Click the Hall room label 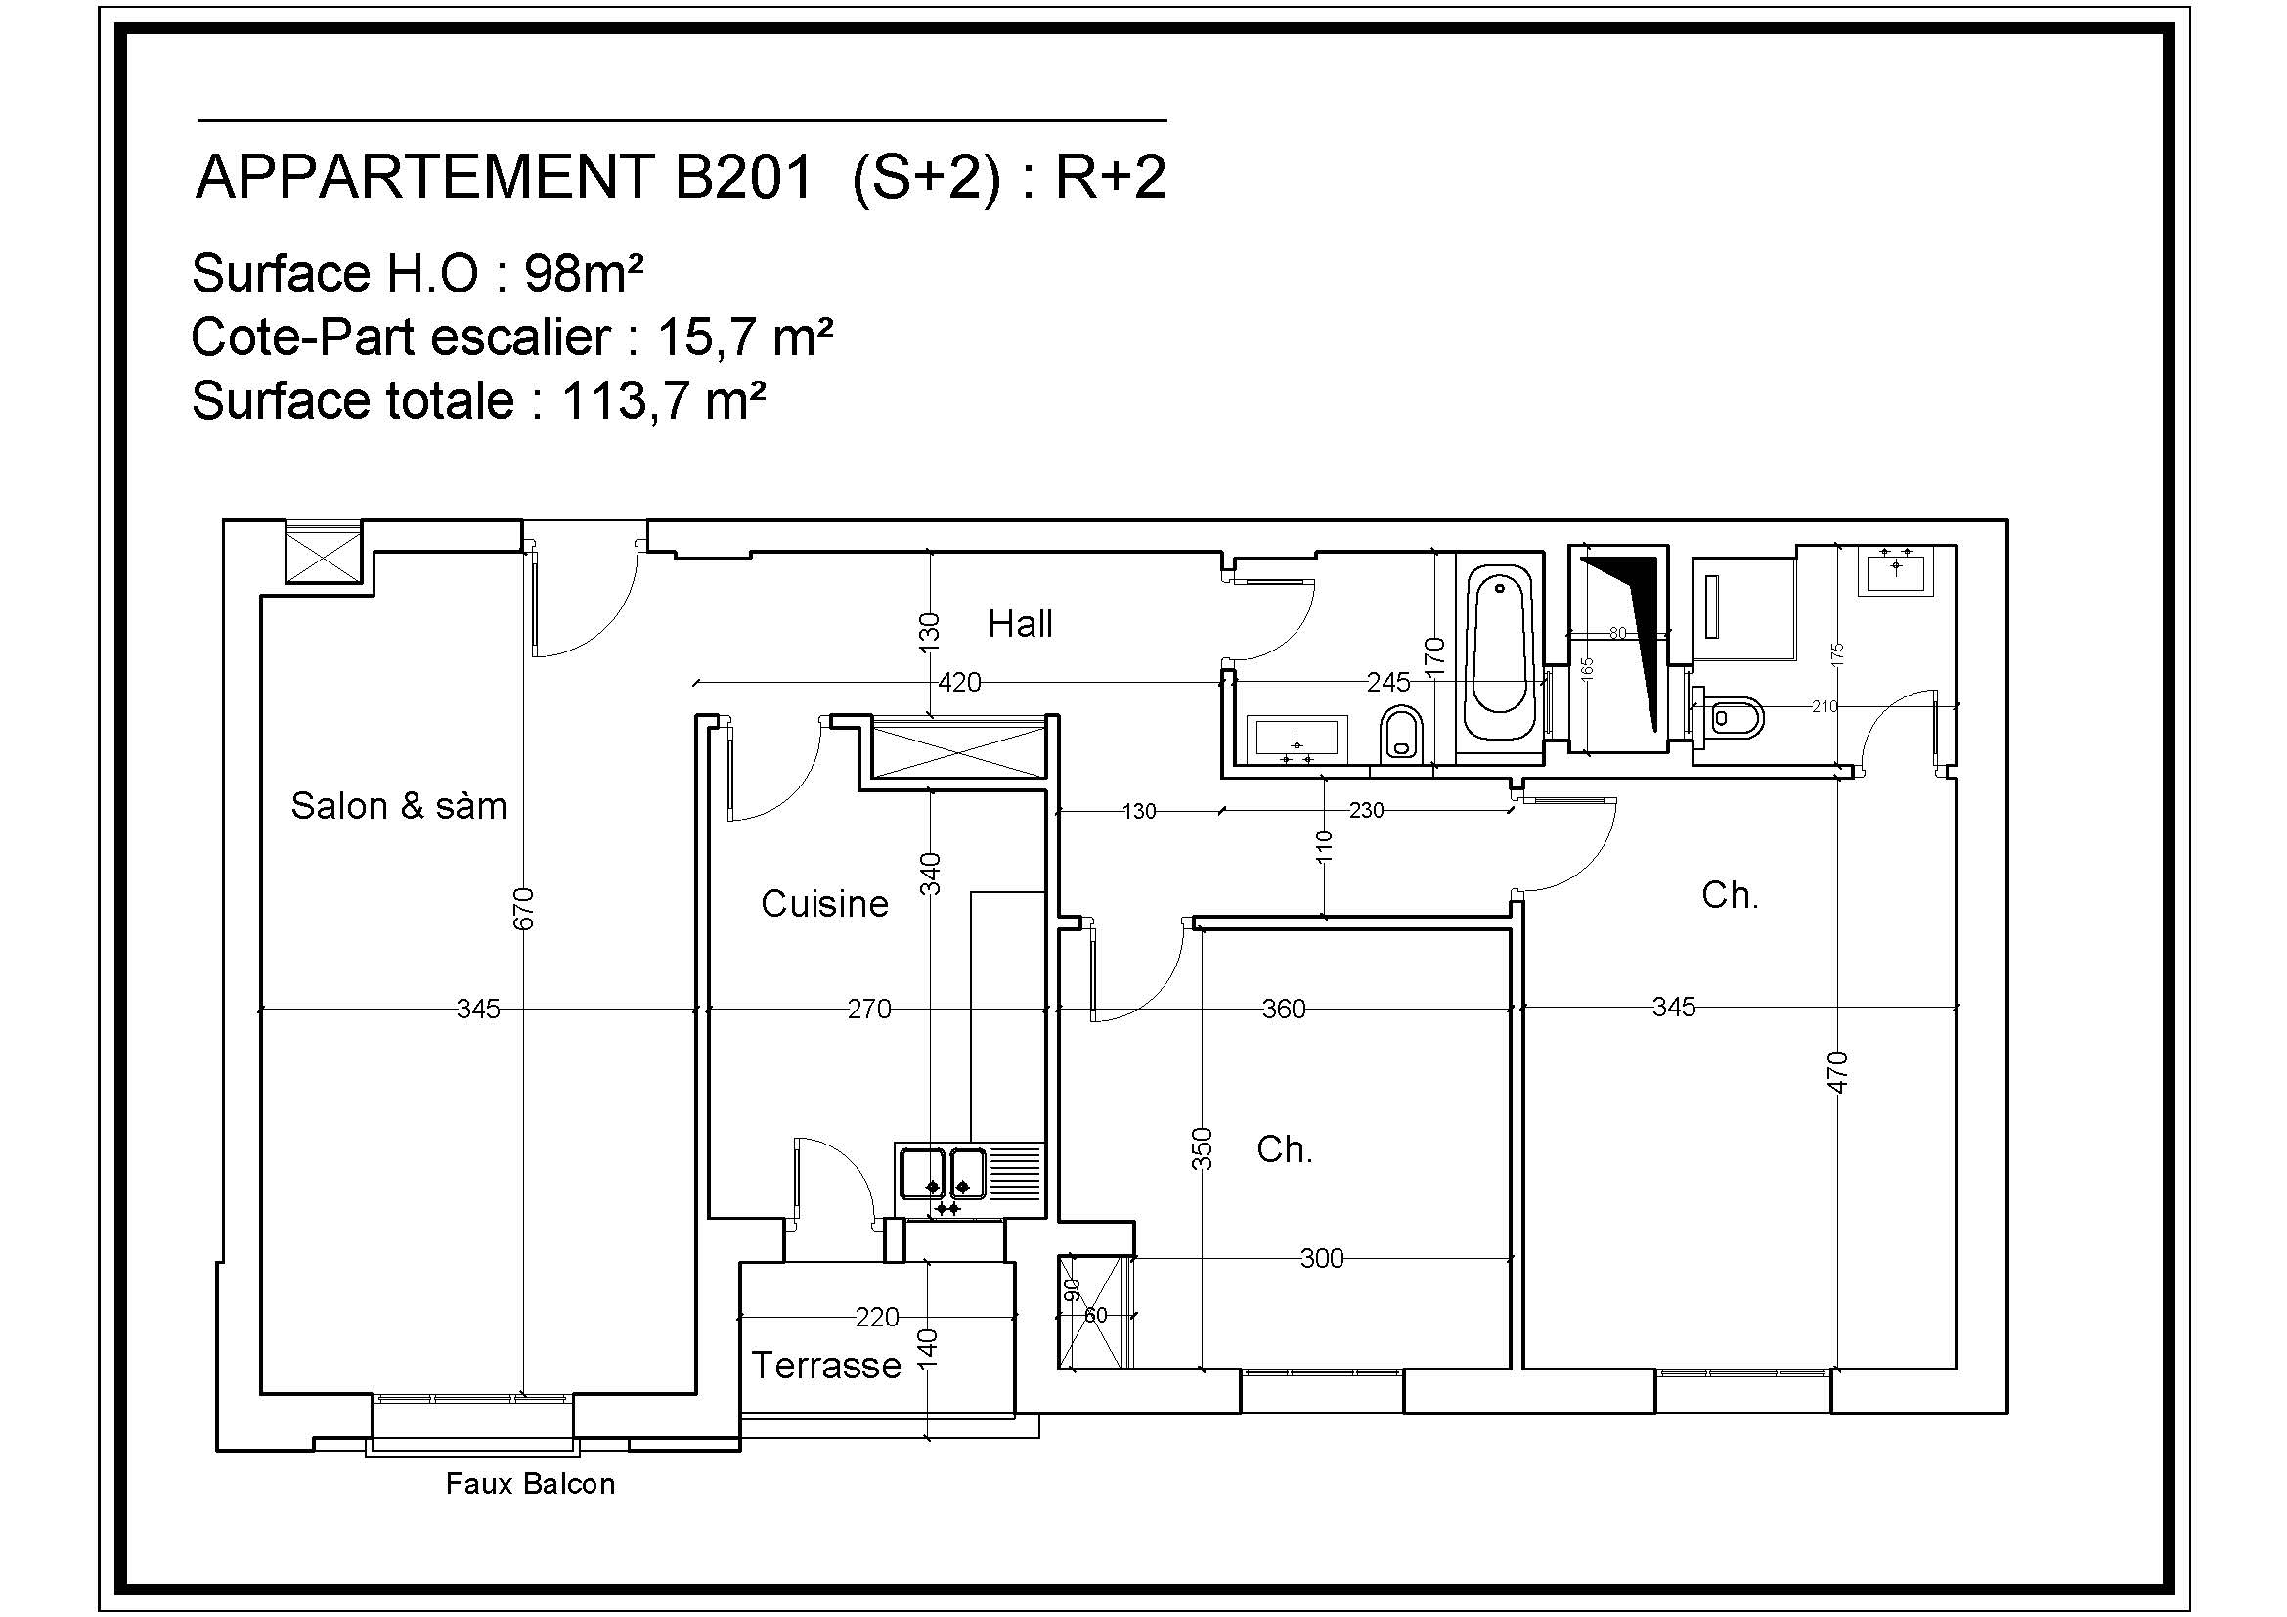point(1020,625)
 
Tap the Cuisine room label point(825,904)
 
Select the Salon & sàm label point(398,805)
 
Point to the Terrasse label point(826,1365)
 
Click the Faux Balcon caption point(530,1484)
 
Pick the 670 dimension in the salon point(524,909)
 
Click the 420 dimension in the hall point(959,683)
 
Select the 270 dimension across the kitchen point(868,1010)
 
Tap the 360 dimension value point(1283,1010)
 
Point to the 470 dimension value point(1839,1072)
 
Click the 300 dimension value point(1322,1258)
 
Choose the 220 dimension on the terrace point(876,1317)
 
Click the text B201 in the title point(743,177)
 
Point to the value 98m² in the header point(584,273)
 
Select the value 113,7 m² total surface point(663,400)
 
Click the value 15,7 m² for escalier point(744,337)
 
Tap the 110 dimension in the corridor point(1324,847)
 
